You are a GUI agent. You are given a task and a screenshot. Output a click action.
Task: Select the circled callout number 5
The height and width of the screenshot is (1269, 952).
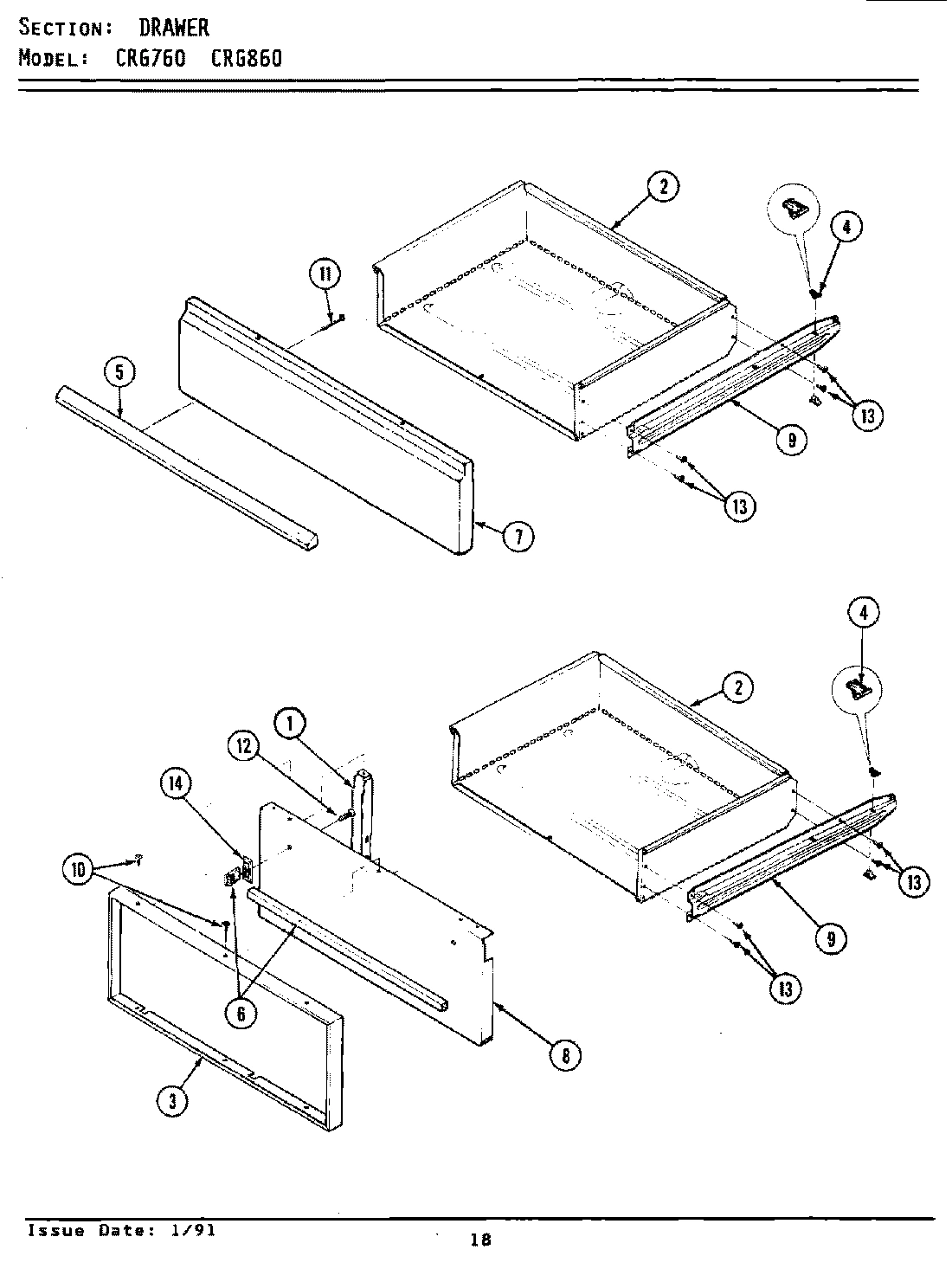tap(119, 373)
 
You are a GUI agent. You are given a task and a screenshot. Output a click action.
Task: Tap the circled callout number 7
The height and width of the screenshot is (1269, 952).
tap(518, 537)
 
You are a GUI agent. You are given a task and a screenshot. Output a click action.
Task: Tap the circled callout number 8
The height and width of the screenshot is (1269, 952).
tap(565, 1053)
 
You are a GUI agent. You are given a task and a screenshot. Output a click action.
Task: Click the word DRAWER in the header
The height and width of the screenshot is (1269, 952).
tap(174, 29)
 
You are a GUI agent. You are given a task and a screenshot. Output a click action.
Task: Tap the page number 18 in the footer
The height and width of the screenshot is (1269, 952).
tap(480, 1240)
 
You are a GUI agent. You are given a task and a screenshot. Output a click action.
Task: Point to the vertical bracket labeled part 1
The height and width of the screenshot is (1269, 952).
tap(363, 809)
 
